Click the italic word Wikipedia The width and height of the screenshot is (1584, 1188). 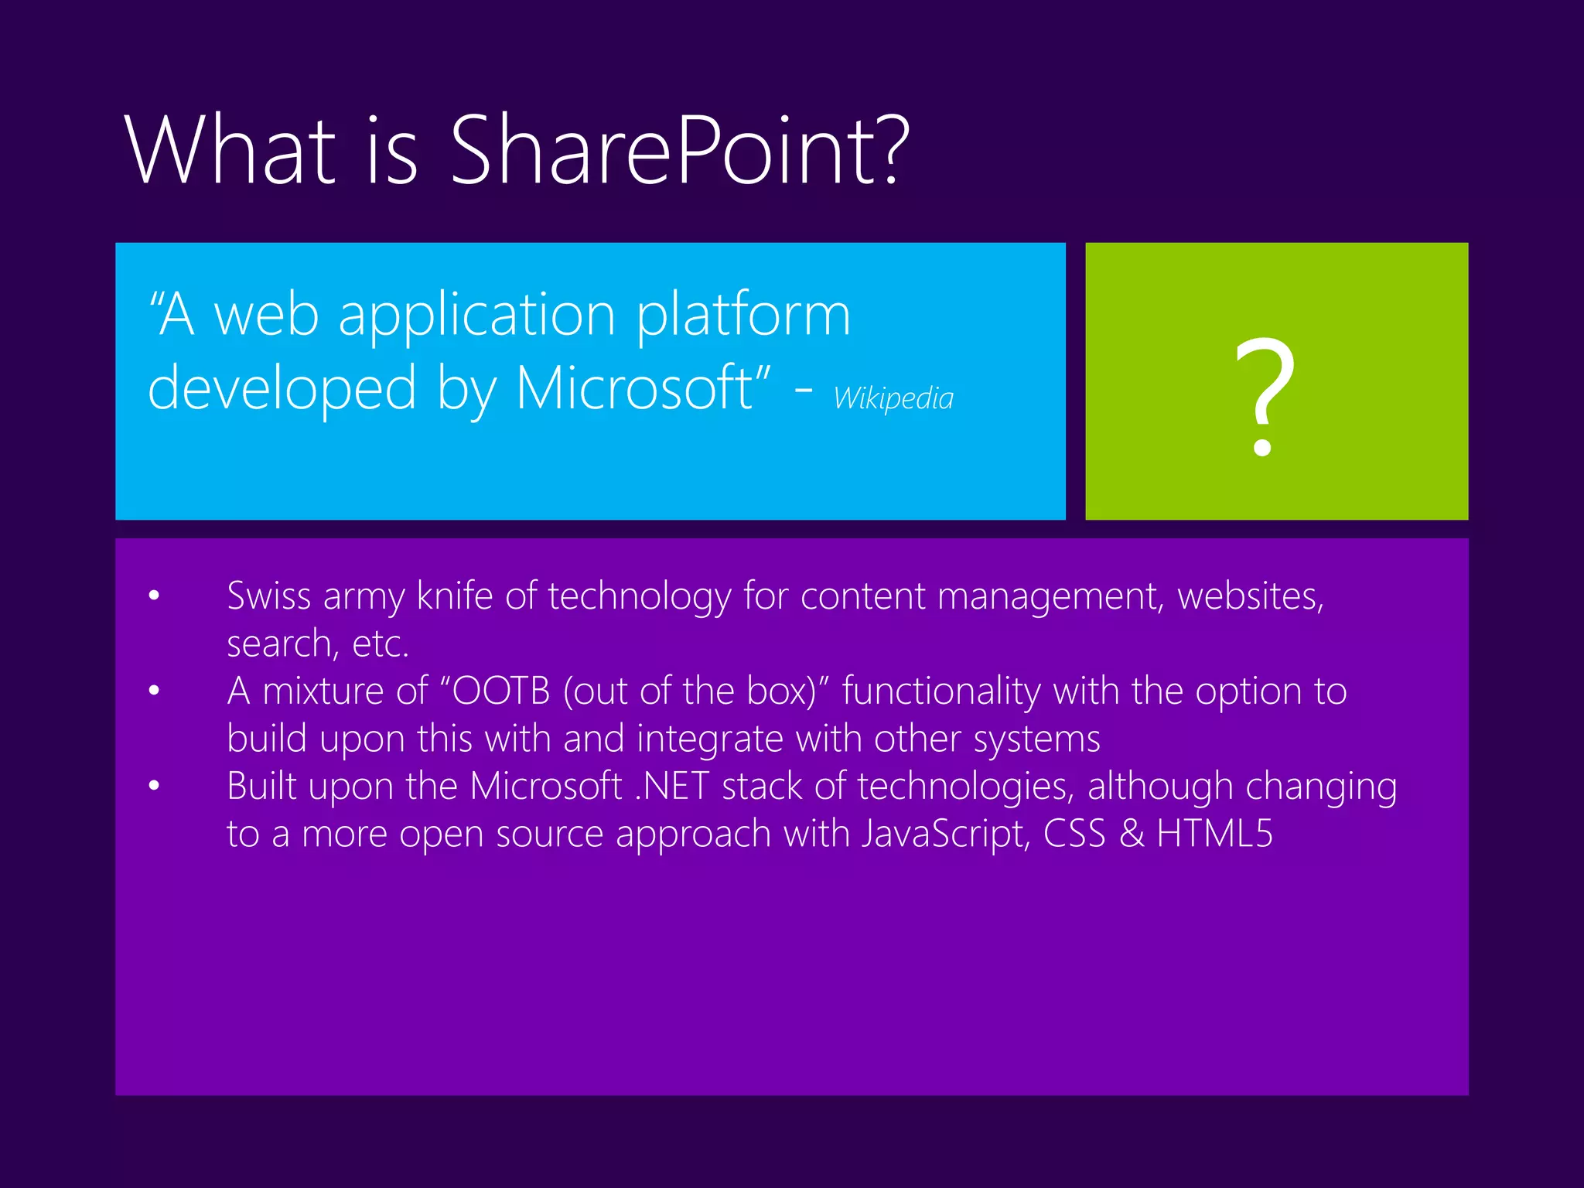point(893,398)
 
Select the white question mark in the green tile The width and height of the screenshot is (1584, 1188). point(1264,396)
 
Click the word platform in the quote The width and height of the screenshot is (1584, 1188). point(743,316)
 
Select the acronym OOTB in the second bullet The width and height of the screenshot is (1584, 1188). point(501,691)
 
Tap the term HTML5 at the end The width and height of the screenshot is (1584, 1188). point(1214,834)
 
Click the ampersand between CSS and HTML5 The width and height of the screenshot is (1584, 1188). point(1132,834)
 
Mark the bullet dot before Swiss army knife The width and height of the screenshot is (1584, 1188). point(155,595)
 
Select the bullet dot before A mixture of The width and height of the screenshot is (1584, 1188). point(155,690)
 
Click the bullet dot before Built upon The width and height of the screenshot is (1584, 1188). point(155,785)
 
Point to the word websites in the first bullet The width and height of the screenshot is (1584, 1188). point(1251,596)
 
